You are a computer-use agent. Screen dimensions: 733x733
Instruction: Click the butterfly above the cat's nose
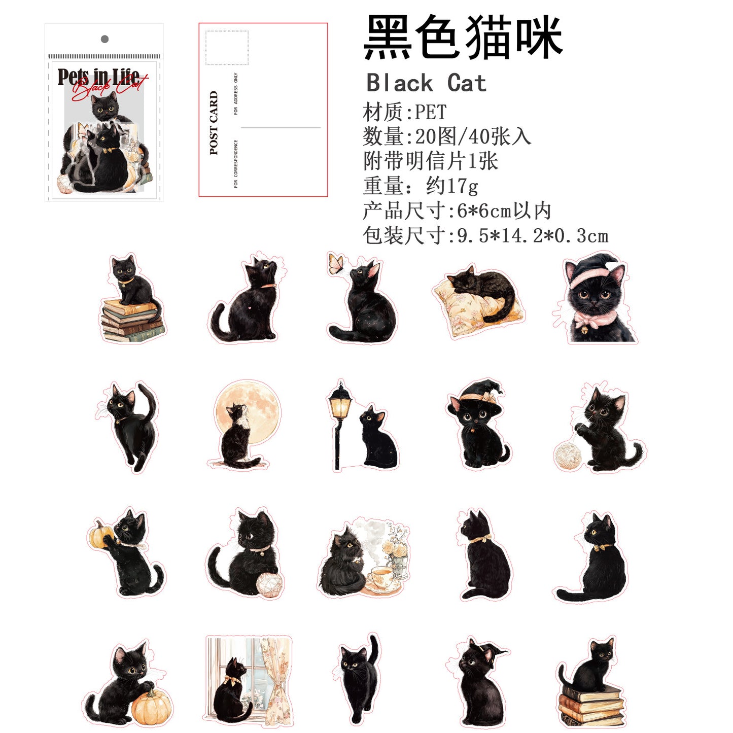point(336,264)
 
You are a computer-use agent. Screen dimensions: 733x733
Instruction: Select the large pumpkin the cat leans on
point(151,708)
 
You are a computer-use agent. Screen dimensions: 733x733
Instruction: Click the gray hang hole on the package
point(104,39)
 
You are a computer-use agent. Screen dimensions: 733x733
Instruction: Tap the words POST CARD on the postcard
point(214,123)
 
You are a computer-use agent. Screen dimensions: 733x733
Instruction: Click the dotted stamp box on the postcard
point(227,48)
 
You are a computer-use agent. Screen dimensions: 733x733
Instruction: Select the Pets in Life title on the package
point(98,77)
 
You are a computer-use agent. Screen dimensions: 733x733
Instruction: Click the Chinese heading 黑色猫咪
point(463,37)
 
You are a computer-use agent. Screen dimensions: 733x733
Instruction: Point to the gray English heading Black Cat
point(426,83)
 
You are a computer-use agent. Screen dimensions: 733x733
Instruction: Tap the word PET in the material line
point(431,112)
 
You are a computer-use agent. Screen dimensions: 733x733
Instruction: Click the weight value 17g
point(462,186)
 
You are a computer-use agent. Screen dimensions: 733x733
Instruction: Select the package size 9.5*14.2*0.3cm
point(533,236)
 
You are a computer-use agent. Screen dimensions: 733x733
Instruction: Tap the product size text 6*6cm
point(484,211)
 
